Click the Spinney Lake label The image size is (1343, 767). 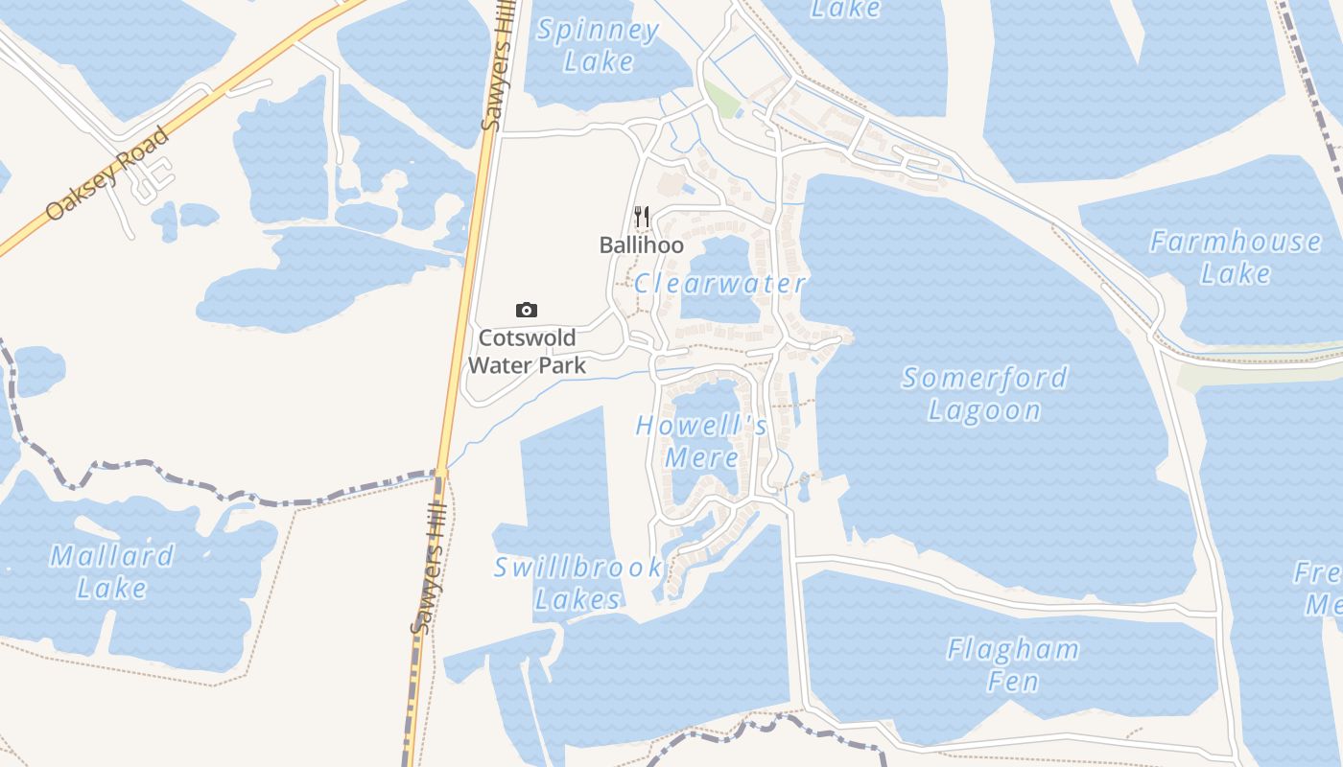point(598,45)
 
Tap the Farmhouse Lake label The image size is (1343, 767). point(1236,257)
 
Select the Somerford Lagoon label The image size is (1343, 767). point(984,393)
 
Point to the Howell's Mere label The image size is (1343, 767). point(701,441)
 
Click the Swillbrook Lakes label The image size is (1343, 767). point(577,583)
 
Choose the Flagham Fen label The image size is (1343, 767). point(1013,665)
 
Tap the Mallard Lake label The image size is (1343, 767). point(111,571)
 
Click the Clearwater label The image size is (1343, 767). point(719,284)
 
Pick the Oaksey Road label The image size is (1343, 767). point(107,174)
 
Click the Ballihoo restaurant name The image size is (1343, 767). point(641,245)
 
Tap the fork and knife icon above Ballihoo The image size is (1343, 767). point(642,218)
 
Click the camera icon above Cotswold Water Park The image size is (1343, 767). point(527,310)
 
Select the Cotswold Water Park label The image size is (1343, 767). point(527,351)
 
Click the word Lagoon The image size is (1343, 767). point(984,410)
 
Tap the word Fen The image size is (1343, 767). point(1013,682)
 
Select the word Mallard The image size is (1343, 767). point(111,556)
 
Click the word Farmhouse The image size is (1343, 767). point(1236,242)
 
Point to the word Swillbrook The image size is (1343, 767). point(577,568)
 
